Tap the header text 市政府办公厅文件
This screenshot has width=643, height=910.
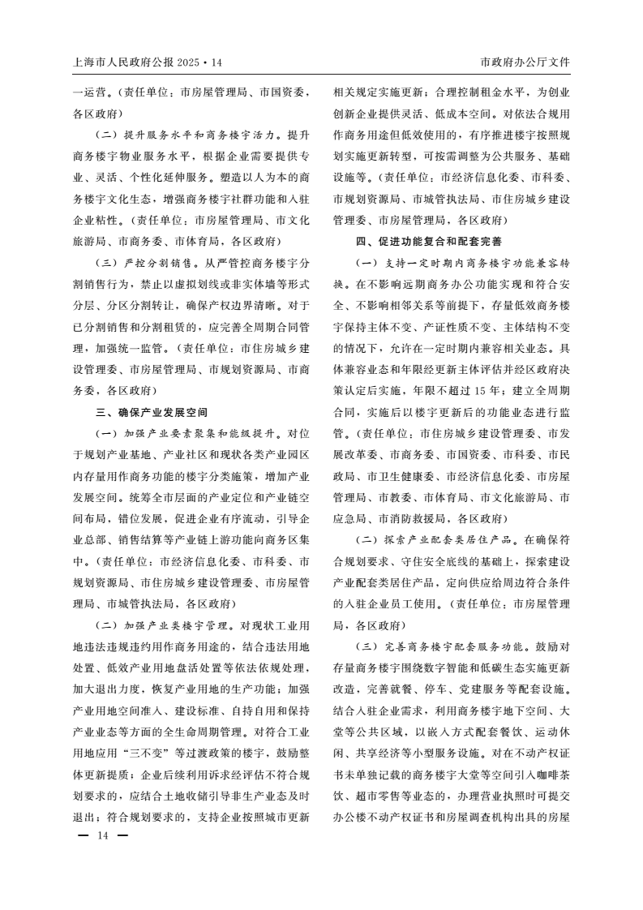tap(525, 62)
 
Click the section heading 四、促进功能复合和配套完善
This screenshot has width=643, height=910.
tap(428, 241)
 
